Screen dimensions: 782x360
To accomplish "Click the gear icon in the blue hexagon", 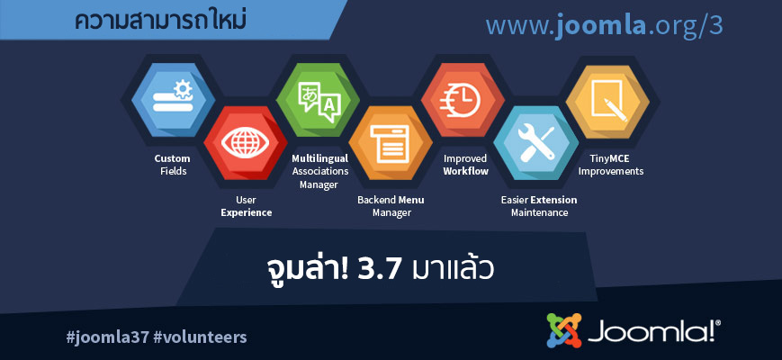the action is coord(183,89).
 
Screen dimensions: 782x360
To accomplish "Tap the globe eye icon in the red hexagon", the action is coord(245,143).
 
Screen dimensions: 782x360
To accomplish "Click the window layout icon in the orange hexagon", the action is coord(390,144).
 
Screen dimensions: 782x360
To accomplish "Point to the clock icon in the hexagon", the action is coord(459,100).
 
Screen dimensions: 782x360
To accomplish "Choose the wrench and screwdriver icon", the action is coord(536,143).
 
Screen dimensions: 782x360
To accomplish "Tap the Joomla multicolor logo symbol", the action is coord(564,330).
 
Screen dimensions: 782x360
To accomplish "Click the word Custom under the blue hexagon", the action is coord(172,158).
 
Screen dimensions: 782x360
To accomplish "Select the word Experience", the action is coord(247,213).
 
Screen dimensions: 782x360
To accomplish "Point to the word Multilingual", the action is coord(319,158).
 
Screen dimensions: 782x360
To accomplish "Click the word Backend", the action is coord(376,200).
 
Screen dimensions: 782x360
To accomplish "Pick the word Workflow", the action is coord(466,171).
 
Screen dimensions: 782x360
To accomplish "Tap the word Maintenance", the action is coord(539,213).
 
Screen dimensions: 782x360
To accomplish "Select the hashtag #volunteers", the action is coord(200,337).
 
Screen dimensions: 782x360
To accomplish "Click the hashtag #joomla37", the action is coord(107,337).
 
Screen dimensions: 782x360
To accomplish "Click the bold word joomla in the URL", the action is coord(601,25).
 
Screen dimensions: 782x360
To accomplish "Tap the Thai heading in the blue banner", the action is coord(160,21).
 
